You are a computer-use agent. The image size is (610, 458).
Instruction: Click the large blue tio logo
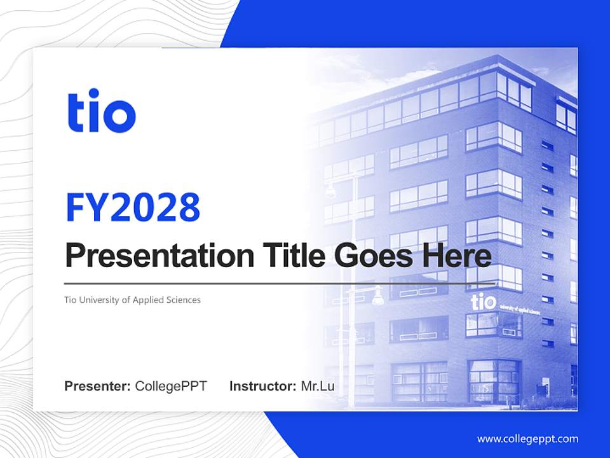[x=102, y=113]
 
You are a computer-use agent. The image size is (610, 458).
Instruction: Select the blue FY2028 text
[x=133, y=207]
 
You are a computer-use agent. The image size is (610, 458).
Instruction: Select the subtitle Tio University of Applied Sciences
[x=132, y=300]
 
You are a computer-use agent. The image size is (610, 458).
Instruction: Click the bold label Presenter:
[x=98, y=386]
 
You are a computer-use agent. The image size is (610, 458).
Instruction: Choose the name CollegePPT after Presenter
[x=171, y=386]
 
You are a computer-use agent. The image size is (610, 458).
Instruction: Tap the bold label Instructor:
[x=262, y=386]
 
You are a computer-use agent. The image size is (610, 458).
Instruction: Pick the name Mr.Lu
[x=318, y=386]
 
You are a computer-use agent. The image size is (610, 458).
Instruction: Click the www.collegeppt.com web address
[x=527, y=439]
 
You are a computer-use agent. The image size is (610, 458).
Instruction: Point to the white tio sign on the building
[x=483, y=301]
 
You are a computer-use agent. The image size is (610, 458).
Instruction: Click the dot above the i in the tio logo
[x=95, y=95]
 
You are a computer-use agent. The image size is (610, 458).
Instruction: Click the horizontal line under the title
[x=280, y=284]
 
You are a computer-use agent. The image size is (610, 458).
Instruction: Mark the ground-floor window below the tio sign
[x=494, y=380]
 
